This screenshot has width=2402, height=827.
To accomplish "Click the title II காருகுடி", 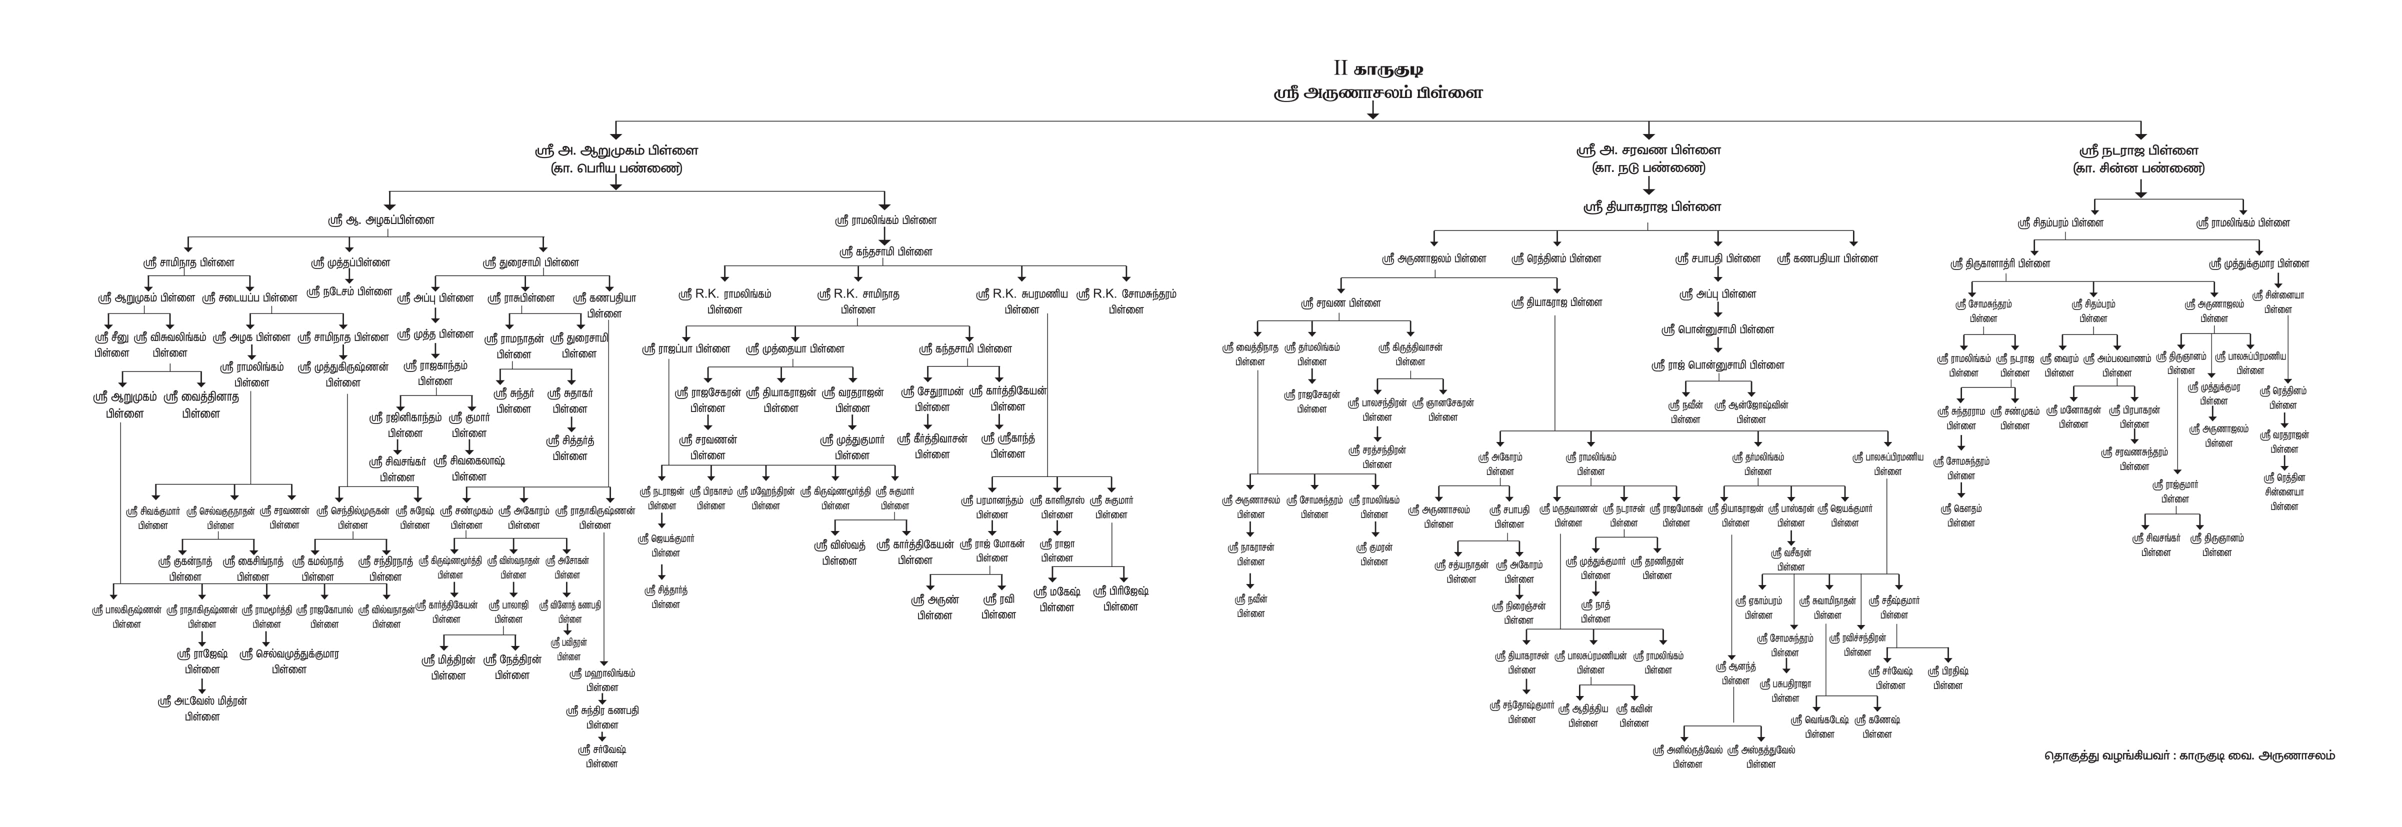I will click(x=1376, y=69).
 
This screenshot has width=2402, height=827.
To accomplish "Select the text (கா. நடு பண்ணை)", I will click(x=1647, y=169).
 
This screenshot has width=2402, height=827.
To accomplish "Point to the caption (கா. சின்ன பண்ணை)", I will click(x=2142, y=169).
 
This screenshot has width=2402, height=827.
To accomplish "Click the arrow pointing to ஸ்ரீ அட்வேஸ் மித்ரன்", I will click(x=202, y=685).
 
